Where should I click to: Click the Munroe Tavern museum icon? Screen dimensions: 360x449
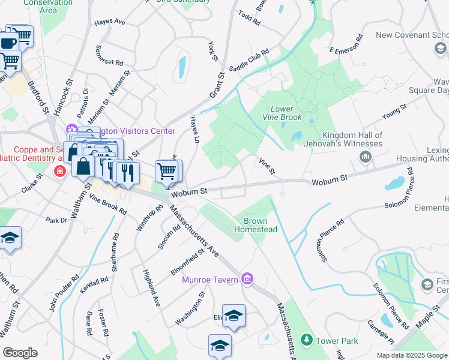tap(247, 278)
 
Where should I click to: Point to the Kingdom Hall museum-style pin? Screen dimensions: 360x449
tap(365, 157)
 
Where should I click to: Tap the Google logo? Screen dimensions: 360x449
tap(20, 353)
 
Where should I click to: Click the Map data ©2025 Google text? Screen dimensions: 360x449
tap(412, 355)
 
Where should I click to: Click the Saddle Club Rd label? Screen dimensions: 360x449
tap(247, 61)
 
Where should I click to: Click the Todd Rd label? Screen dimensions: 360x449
tap(249, 18)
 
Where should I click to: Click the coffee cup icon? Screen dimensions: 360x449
tap(8, 43)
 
